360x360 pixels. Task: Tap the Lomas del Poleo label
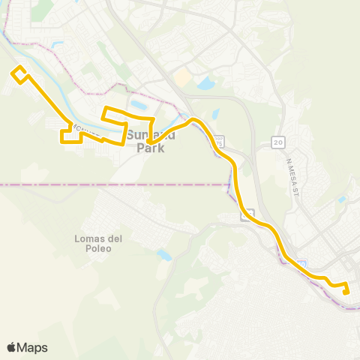point(93,243)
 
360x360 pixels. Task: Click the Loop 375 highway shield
point(218,140)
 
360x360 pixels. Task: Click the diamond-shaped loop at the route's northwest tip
point(19,73)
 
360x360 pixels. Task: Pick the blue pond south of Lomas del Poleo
point(164,256)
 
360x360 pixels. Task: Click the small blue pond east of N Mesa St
point(342,199)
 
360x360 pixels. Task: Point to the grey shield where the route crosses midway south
point(246,215)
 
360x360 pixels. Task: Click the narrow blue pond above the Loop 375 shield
point(215,115)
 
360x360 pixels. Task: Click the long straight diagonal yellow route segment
point(49,100)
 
